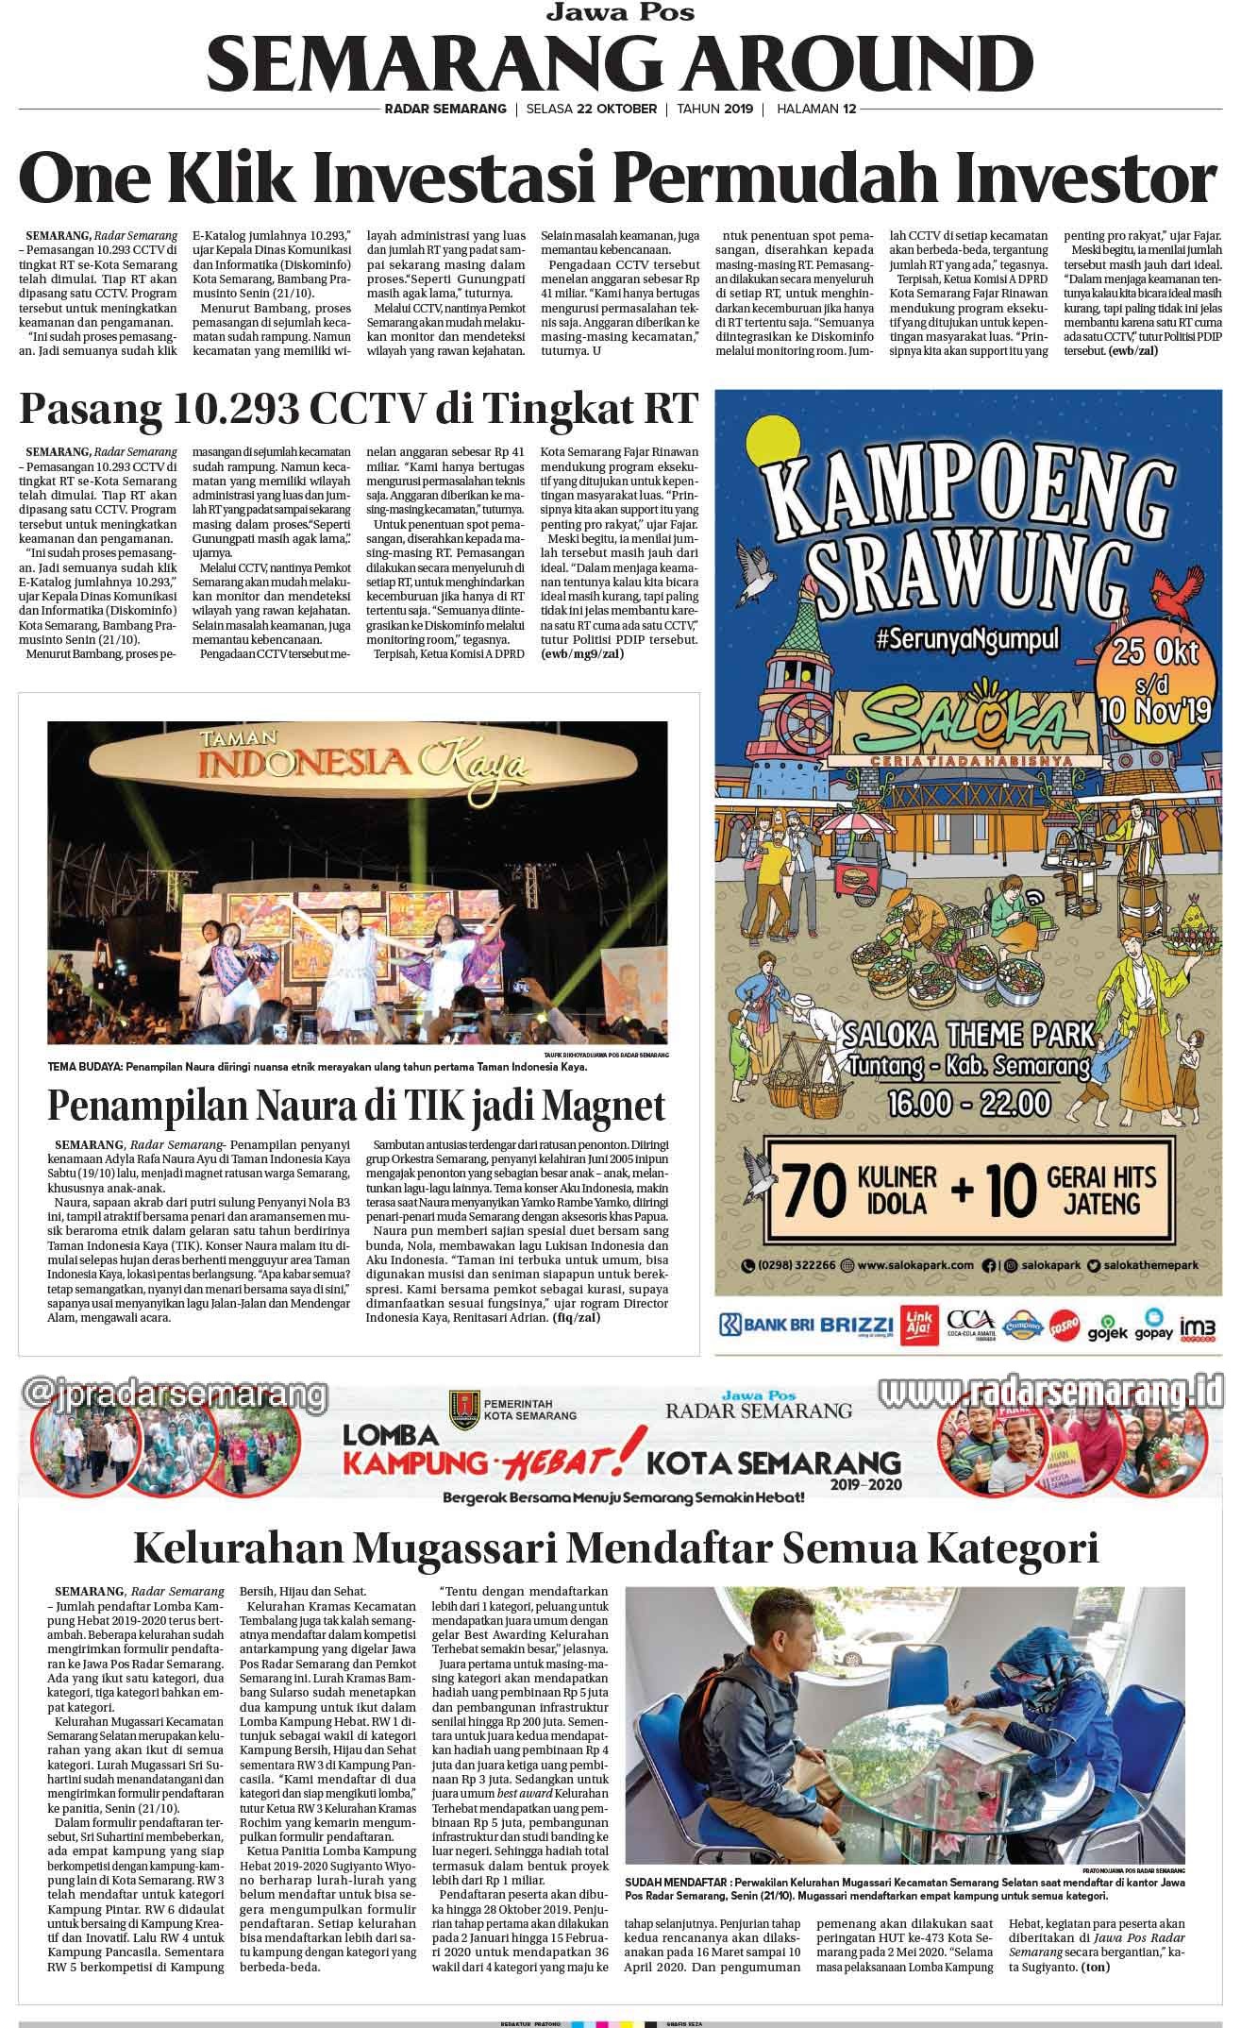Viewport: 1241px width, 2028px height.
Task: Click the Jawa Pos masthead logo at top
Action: [621, 12]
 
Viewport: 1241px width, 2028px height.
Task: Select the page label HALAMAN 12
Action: [815, 109]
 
